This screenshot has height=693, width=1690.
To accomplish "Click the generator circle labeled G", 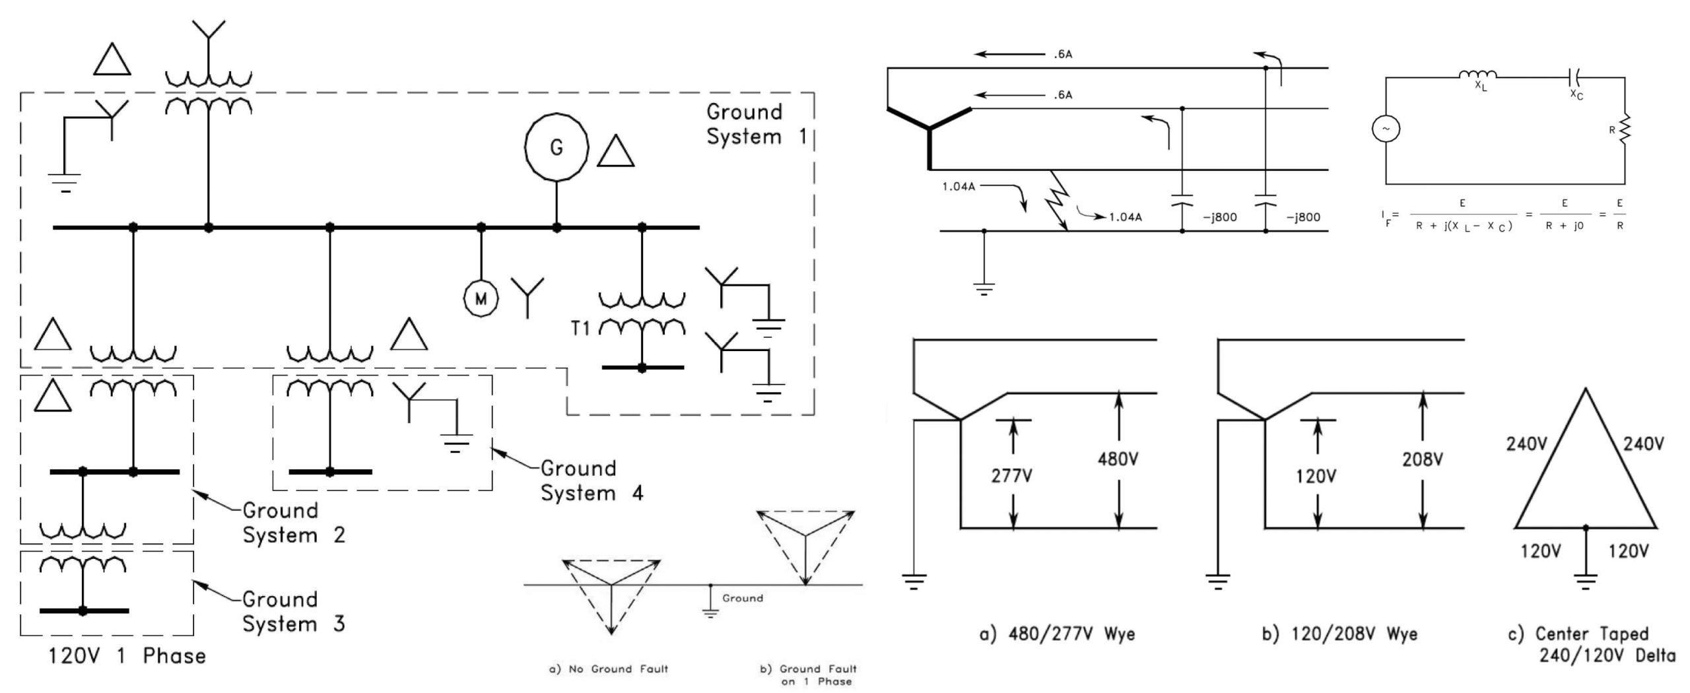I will click(x=556, y=147).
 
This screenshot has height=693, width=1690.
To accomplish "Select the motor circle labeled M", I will click(x=481, y=299).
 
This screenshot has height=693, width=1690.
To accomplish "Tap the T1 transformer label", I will click(x=580, y=328).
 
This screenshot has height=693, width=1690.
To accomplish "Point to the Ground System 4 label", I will click(x=591, y=480).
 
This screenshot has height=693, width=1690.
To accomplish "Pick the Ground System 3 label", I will click(x=294, y=611).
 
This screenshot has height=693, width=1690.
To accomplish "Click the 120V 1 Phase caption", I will click(x=127, y=656).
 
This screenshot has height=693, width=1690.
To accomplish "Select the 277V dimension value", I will click(x=1011, y=475).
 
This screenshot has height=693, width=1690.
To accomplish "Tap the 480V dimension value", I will click(x=1118, y=459).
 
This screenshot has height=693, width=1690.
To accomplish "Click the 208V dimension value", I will click(x=1422, y=459).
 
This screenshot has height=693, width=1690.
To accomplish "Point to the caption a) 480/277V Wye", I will click(x=1057, y=634).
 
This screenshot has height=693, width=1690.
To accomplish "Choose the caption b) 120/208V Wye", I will click(x=1339, y=634).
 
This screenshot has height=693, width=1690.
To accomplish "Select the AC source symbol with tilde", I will click(x=1386, y=129).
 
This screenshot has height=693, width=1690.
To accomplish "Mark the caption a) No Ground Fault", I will click(x=608, y=669).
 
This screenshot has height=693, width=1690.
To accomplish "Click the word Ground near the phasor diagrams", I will click(x=742, y=598).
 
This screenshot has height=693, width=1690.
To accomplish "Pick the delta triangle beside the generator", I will click(x=615, y=152).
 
